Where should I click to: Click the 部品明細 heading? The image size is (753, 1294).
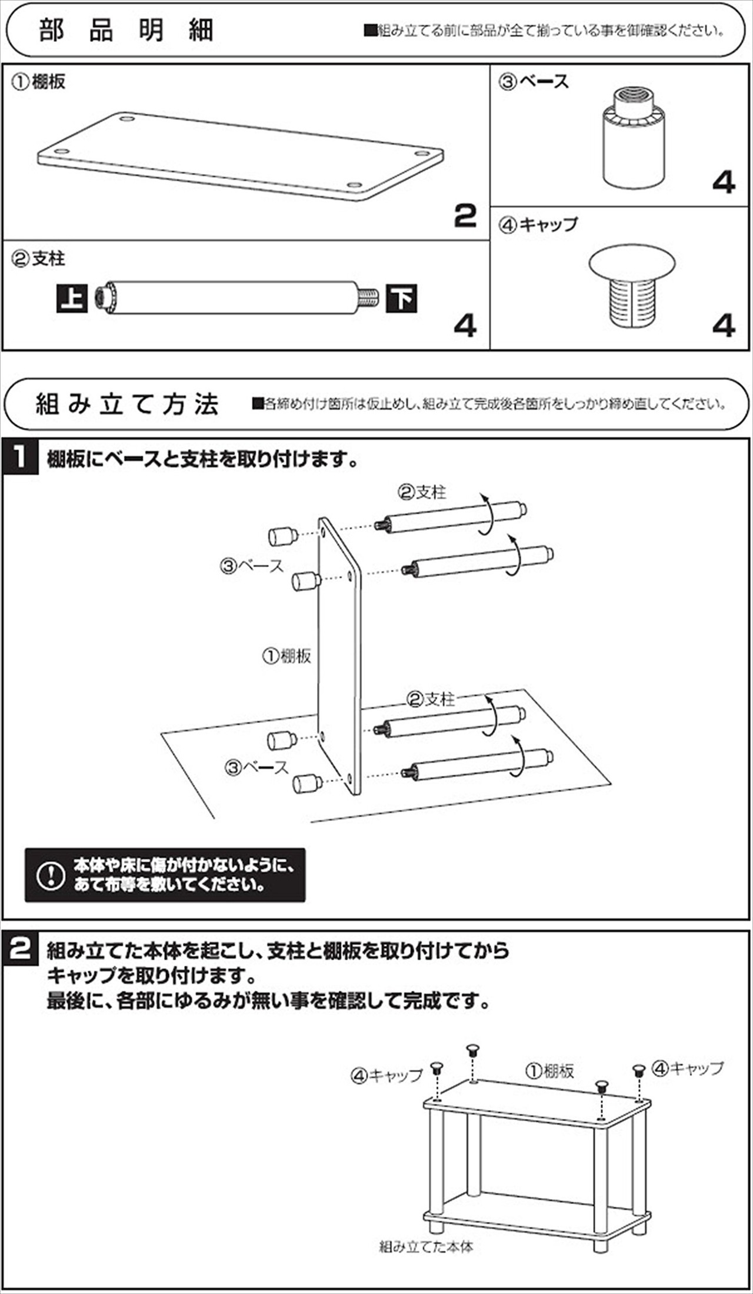[x=126, y=31]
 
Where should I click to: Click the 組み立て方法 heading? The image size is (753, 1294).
[x=127, y=404]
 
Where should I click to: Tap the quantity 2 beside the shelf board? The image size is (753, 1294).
[x=465, y=216]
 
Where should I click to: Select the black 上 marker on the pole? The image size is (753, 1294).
[x=72, y=298]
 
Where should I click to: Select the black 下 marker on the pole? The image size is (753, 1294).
[x=402, y=298]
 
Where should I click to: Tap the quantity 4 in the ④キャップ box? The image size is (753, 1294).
[x=723, y=326]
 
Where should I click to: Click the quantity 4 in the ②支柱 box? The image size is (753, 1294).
[x=465, y=326]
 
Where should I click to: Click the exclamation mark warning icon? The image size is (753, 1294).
[x=51, y=875]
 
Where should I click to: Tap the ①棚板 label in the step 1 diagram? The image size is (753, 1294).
[x=286, y=656]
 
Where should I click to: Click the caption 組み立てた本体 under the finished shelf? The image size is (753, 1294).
[x=426, y=1246]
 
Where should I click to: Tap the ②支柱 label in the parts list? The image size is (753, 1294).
[x=39, y=259]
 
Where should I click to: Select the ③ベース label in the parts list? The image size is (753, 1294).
[x=534, y=82]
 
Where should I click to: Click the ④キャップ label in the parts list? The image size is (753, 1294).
[x=538, y=225]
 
